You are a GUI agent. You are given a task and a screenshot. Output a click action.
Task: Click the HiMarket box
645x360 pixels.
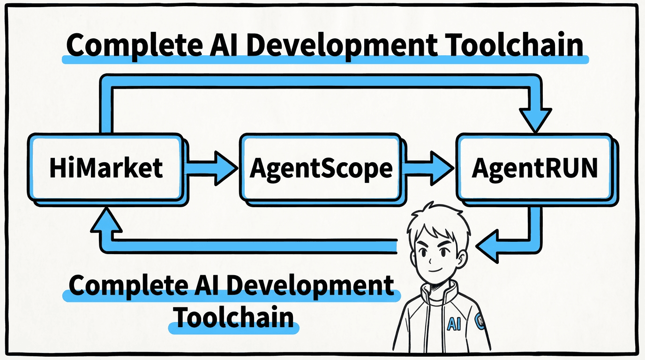[x=105, y=167]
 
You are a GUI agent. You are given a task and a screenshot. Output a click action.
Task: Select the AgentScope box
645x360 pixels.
[x=321, y=167]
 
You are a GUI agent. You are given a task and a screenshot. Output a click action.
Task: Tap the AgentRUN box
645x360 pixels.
[x=534, y=167]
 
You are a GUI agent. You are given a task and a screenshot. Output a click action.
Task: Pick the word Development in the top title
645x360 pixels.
[x=333, y=45]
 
